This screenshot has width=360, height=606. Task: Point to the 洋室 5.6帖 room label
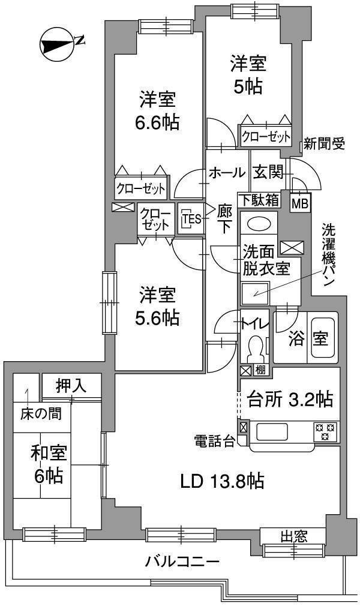point(158,306)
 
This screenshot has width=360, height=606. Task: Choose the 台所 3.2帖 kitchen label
point(290,398)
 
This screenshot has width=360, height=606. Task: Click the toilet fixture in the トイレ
point(256,347)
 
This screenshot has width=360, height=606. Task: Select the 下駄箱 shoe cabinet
point(258,199)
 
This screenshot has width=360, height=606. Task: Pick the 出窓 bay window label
point(293,535)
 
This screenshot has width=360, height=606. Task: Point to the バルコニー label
point(182,562)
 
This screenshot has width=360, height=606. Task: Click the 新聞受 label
point(323,143)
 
